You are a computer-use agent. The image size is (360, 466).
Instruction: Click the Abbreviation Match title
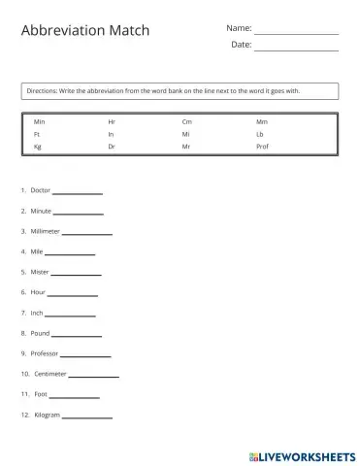pos(85,31)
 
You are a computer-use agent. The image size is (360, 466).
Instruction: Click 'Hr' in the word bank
pos(112,121)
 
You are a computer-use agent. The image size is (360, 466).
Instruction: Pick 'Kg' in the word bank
pos(38,146)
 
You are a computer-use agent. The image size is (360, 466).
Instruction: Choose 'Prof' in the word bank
pos(262,146)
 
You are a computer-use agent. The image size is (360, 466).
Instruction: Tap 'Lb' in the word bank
pos(259,134)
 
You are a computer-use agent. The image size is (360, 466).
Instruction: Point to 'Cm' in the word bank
pos(186,121)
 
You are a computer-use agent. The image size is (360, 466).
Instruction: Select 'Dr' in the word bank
pos(112,146)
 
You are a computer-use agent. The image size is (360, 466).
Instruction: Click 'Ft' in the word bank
pos(37,134)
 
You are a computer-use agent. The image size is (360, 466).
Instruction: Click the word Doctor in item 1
pos(41,190)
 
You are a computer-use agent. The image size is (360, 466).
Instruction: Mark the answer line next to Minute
pos(78,213)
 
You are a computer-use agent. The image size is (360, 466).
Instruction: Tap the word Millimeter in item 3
pos(46,231)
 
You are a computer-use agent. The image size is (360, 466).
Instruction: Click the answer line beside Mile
pos(70,253)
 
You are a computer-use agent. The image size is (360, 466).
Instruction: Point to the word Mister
pos(40,272)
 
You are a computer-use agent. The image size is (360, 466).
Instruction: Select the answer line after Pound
pos(76,335)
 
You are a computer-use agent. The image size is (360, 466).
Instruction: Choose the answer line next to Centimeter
pos(94,376)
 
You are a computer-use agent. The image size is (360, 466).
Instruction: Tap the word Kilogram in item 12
pos(47,415)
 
